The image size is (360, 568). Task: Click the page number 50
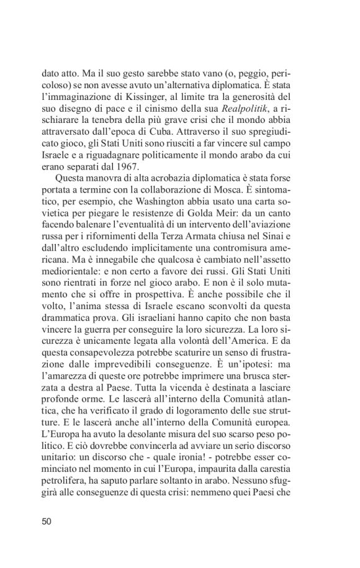[46, 521]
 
